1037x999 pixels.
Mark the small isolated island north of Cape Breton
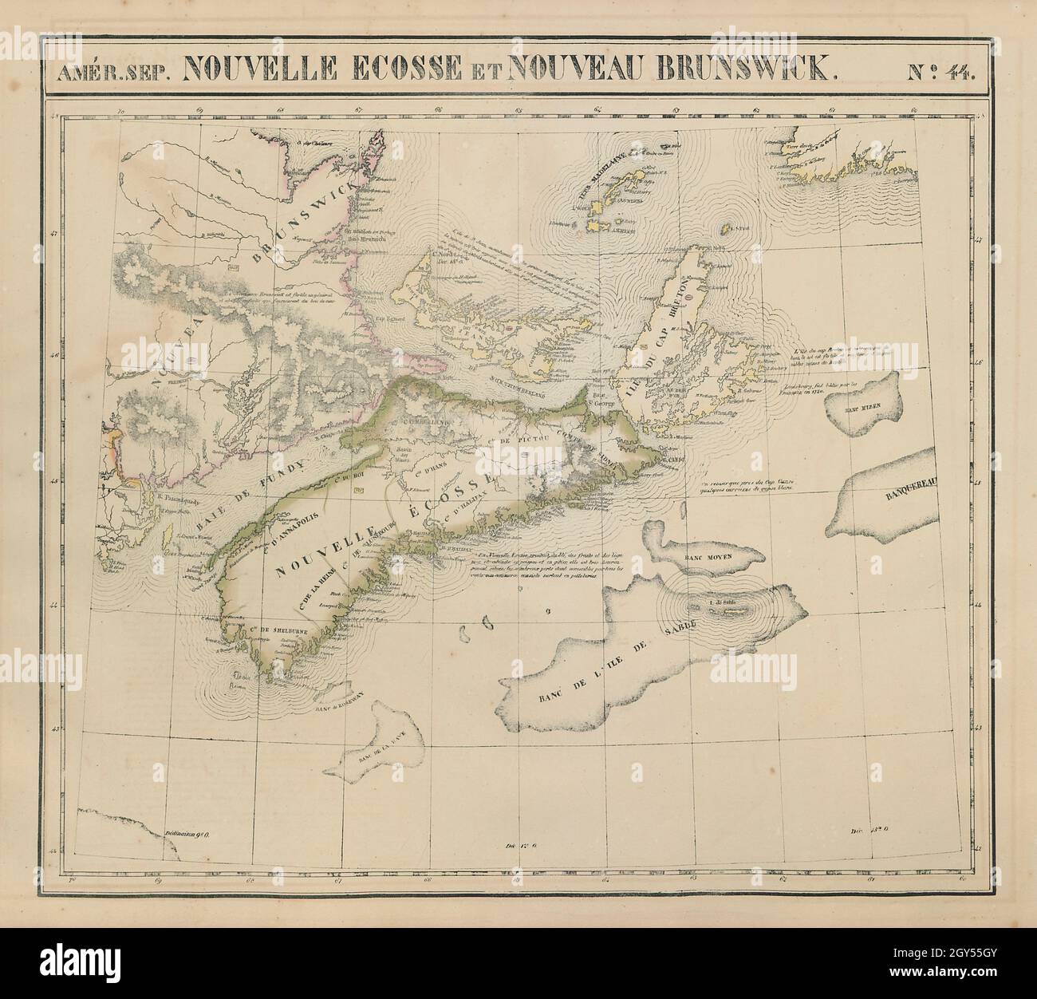(x=727, y=229)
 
